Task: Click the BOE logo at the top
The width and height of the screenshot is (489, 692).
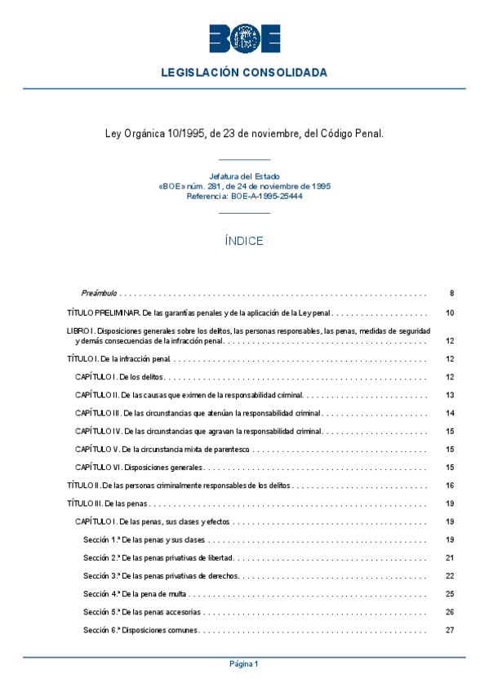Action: (244, 38)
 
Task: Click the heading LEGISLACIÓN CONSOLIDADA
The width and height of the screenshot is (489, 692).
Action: (244, 73)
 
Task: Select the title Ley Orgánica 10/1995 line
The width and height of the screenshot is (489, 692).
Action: (244, 132)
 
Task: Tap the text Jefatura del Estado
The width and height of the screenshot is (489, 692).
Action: (244, 176)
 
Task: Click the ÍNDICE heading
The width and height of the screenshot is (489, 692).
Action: (244, 242)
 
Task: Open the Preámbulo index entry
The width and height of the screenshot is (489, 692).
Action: (100, 293)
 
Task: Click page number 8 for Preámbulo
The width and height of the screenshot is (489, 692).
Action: (451, 293)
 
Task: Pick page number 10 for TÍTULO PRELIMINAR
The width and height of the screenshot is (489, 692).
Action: (450, 313)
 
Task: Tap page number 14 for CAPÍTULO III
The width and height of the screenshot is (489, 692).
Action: (450, 413)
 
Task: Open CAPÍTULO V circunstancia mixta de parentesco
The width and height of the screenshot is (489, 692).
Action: (162, 450)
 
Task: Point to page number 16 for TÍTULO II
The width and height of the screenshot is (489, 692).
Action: (450, 486)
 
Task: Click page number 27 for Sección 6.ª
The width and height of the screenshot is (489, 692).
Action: (450, 630)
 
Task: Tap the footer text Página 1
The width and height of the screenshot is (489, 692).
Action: (244, 664)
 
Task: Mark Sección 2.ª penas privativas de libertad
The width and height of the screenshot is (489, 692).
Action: (158, 558)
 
